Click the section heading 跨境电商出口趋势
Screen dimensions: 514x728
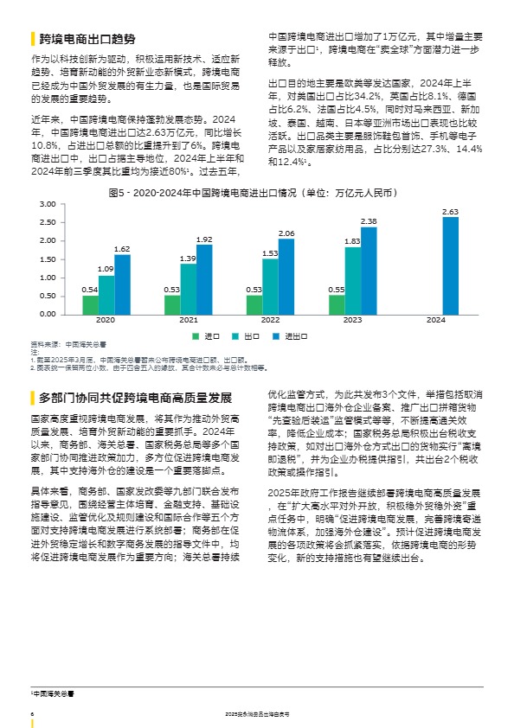[x=87, y=40]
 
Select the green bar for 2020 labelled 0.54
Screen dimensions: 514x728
[x=90, y=304]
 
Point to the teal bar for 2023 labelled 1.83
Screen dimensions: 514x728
[x=352, y=280]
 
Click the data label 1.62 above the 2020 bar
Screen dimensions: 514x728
[x=122, y=249]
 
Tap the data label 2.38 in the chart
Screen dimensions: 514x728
[x=369, y=221]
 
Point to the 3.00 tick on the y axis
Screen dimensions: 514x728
[x=48, y=204]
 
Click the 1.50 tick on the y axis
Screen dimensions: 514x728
[x=48, y=259]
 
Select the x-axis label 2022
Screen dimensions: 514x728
[x=270, y=320]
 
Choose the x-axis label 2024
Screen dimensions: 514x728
[x=435, y=320]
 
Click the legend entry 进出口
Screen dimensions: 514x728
[x=297, y=335]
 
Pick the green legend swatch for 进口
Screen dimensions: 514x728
[x=196, y=335]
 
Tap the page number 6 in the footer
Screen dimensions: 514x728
[x=32, y=714]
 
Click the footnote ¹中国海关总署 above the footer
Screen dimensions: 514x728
[x=53, y=693]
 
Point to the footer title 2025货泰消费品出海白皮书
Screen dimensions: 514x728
[x=257, y=714]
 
